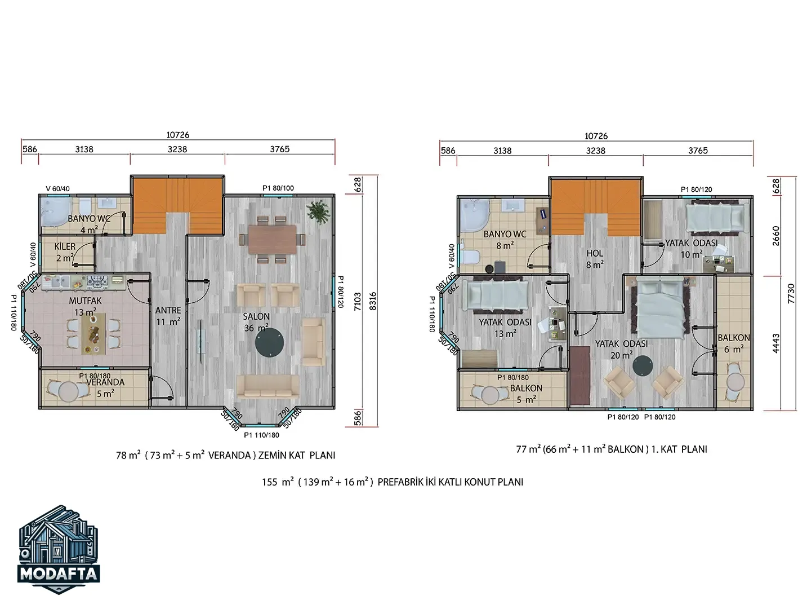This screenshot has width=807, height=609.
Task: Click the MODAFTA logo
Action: (59, 549)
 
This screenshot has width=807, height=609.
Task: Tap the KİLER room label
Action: (65, 246)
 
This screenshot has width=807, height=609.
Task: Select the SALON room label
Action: (256, 316)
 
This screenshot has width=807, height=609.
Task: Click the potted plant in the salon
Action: (318, 212)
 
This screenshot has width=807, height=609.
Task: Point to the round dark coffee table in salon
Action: (270, 342)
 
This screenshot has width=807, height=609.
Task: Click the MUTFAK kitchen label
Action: (85, 301)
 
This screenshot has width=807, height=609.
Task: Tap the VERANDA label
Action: (105, 382)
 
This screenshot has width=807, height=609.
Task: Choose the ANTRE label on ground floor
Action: (168, 310)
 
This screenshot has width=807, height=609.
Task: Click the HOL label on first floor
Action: (595, 253)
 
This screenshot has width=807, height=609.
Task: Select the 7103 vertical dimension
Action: (358, 302)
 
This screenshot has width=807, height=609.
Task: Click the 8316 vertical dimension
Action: (373, 301)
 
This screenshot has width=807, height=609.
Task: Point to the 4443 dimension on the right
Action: (776, 343)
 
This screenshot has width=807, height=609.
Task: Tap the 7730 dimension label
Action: (791, 294)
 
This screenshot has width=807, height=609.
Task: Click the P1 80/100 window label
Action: (278, 188)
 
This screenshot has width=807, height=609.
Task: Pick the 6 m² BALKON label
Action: (734, 349)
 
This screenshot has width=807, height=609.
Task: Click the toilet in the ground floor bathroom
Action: (85, 205)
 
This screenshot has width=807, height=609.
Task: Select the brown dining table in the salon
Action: (272, 240)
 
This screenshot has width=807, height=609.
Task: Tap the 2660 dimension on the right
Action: (776, 236)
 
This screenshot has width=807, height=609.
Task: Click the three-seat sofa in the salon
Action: (267, 386)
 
